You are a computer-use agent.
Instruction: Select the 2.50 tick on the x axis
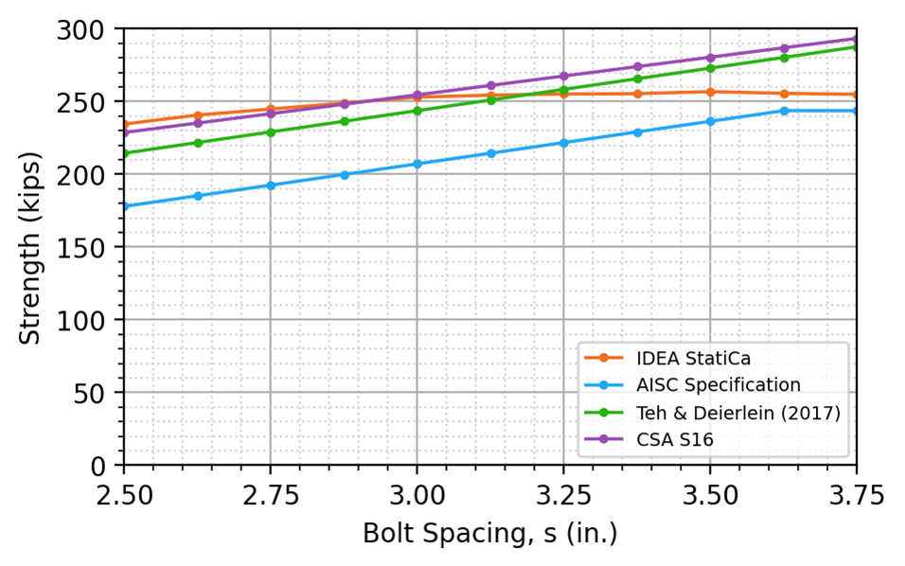pyautogui.click(x=124, y=496)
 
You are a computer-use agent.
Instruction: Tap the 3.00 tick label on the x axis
pyautogui.click(x=417, y=496)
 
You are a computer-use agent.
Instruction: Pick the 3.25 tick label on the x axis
pyautogui.click(x=563, y=496)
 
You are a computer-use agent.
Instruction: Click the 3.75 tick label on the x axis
pyautogui.click(x=856, y=496)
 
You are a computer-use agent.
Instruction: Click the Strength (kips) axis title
pyautogui.click(x=30, y=248)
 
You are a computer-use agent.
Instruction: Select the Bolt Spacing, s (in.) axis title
pyautogui.click(x=489, y=534)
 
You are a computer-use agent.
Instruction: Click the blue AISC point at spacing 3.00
pyautogui.click(x=417, y=164)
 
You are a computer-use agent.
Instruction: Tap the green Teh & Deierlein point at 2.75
pyautogui.click(x=271, y=132)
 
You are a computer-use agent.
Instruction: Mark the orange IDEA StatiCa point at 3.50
pyautogui.click(x=710, y=92)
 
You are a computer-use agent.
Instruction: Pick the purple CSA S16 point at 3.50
pyautogui.click(x=710, y=58)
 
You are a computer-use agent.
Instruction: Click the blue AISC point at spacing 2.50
pyautogui.click(x=124, y=206)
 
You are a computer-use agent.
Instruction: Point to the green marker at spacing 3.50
pyautogui.click(x=710, y=68)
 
